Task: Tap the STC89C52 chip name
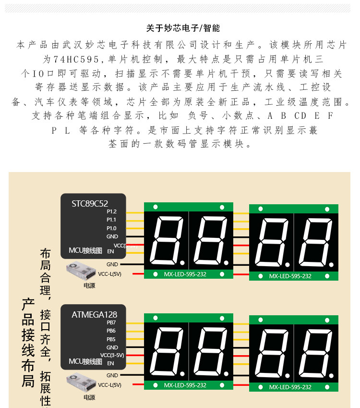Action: coord(90,204)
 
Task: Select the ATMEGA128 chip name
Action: coord(94,315)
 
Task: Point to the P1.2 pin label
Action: coord(111,211)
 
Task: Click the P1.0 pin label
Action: coord(111,228)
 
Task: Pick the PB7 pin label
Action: coord(111,322)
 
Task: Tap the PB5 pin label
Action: coord(111,339)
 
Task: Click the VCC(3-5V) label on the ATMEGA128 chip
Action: coord(112,355)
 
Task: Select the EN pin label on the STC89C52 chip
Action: coord(110,251)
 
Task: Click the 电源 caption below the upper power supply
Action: coord(89,285)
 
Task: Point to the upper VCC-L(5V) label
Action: coord(110,274)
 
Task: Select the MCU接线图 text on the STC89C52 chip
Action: coord(85,251)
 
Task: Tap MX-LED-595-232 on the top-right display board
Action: coord(290,276)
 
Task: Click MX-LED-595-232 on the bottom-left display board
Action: coord(185,385)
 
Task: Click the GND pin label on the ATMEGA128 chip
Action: coord(112,347)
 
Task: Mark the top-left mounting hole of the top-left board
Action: coord(155,207)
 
